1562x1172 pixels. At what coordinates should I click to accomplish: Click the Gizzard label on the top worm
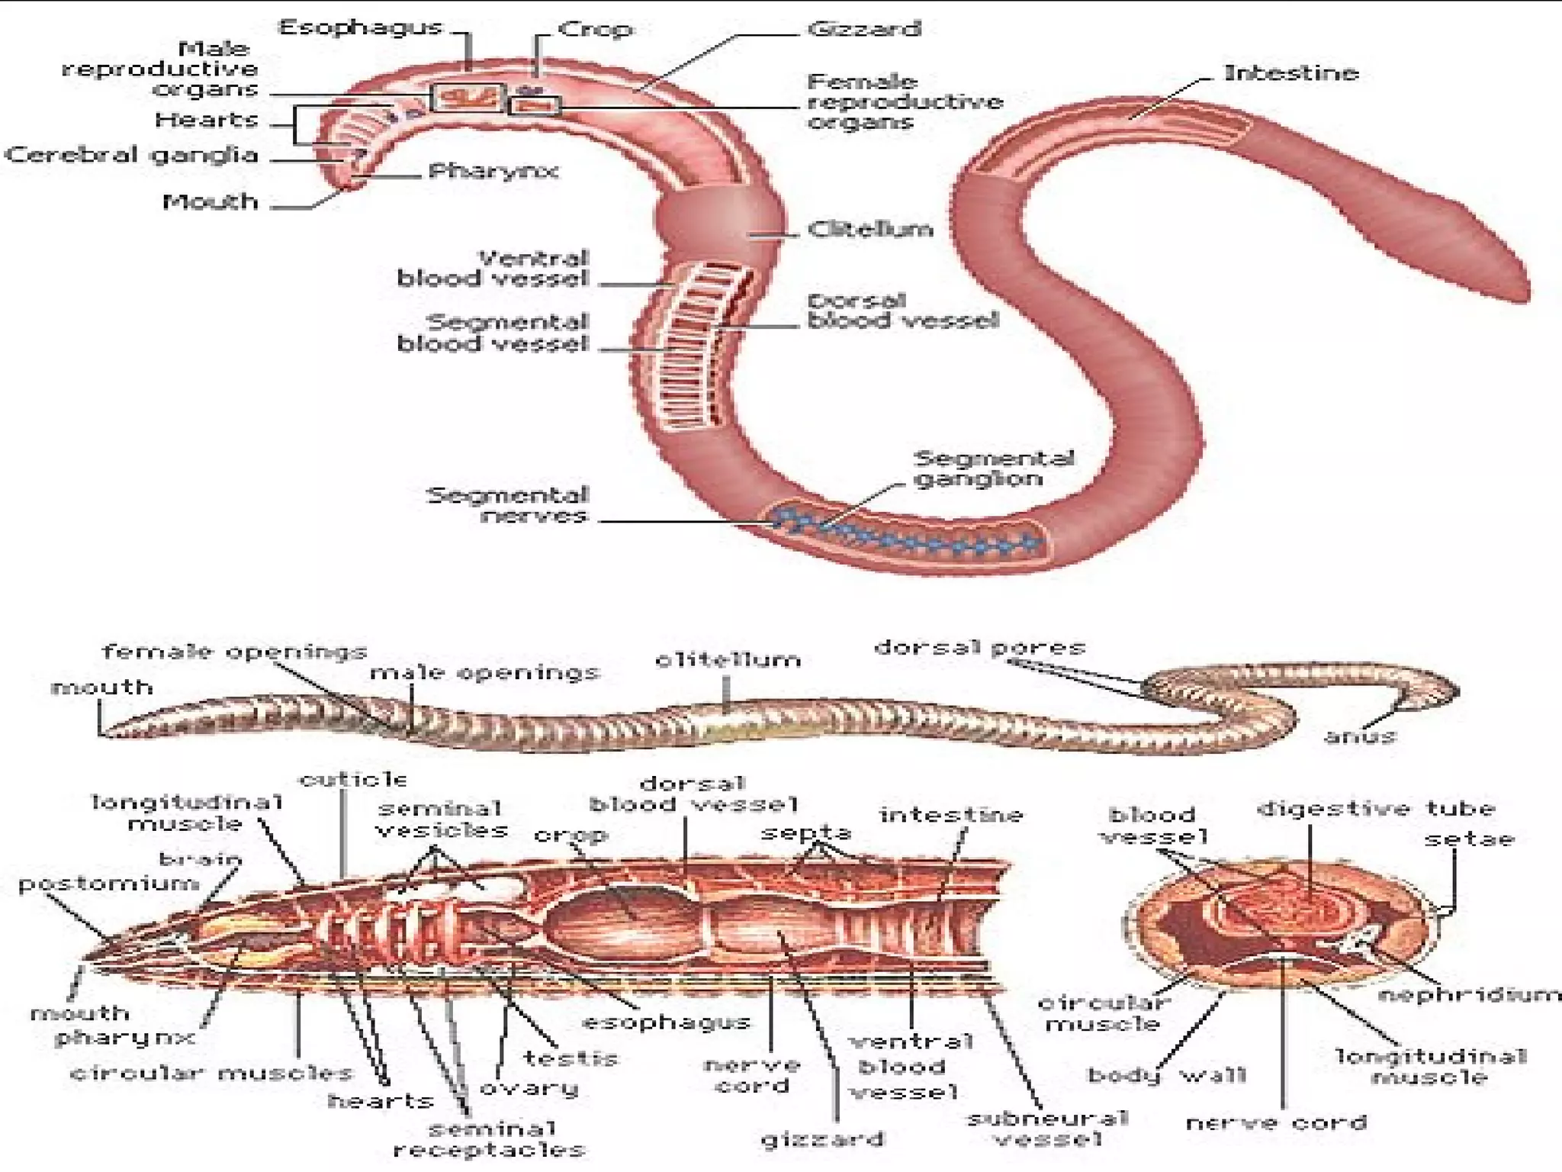pos(864,29)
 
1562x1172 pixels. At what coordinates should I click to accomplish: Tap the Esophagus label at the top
pos(361,27)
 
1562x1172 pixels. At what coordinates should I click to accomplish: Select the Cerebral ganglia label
pos(132,156)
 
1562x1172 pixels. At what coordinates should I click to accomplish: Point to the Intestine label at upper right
pos(1291,73)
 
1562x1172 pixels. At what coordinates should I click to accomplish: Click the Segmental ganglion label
pos(993,468)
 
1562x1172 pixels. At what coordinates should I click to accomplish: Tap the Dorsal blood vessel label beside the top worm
pos(902,311)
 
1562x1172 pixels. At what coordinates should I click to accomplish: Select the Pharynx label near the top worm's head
pos(493,171)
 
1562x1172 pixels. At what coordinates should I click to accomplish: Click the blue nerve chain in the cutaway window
pos(908,534)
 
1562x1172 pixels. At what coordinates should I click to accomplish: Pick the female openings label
pos(235,652)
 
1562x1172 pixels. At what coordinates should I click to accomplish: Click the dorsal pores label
pos(979,649)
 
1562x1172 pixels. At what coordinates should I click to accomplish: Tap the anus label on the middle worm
pos(1360,736)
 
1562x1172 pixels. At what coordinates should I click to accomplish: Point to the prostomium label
pos(108,884)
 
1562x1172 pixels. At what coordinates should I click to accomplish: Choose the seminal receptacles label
pos(489,1139)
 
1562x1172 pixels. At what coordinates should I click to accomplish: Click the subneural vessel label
pos(1047,1129)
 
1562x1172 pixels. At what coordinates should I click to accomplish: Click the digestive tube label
pos(1376,809)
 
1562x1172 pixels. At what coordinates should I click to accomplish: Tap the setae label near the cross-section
pos(1469,839)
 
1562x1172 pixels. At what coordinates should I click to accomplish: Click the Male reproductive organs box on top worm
pos(467,97)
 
